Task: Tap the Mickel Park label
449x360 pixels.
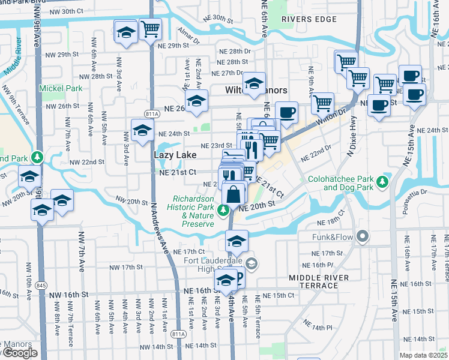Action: pyautogui.click(x=60, y=88)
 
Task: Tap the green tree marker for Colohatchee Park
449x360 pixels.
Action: pyautogui.click(x=382, y=181)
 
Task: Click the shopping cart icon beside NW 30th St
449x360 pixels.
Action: pyautogui.click(x=150, y=28)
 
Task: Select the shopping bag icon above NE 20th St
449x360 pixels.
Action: pyautogui.click(x=234, y=194)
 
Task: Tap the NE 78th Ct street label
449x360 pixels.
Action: pyautogui.click(x=332, y=218)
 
